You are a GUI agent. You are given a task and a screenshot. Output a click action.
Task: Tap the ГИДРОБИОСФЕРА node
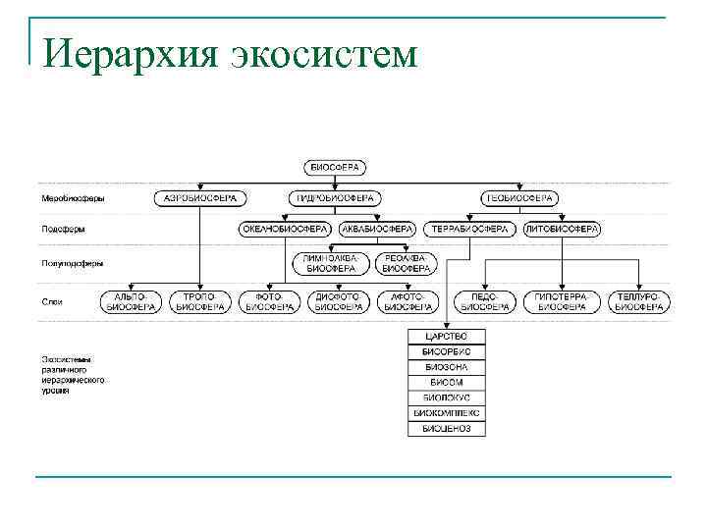335,197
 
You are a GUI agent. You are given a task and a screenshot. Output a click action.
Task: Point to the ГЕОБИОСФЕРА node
519,197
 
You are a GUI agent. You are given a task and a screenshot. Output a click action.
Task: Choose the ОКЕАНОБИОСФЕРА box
285,229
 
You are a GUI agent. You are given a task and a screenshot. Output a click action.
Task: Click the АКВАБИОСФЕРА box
377,229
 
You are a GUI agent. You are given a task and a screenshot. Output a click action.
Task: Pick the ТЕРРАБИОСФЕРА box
470,229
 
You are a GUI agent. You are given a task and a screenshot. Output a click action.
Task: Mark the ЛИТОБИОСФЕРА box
562,229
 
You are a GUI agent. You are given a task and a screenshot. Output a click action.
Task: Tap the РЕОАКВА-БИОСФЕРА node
406,263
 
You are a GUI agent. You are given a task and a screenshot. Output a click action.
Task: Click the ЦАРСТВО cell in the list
446,337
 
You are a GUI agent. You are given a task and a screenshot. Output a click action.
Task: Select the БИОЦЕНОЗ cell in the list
446,428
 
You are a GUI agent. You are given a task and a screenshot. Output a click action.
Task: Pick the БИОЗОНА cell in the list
446,367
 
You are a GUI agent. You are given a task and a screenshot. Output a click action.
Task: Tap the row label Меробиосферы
73,198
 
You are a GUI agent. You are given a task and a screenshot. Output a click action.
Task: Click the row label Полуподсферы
73,263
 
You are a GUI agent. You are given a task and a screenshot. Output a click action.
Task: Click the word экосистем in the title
324,53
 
